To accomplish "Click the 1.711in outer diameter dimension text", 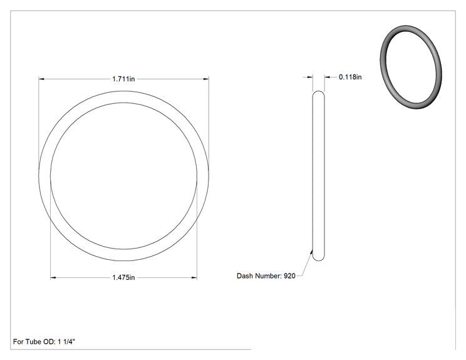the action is tap(123, 79).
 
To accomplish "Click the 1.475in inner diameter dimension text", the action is tap(123, 277).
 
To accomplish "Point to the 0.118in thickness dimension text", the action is tap(350, 77).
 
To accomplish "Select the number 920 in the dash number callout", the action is tap(289, 276).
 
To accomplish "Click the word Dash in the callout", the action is tap(244, 276).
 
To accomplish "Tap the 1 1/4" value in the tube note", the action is tap(66, 342).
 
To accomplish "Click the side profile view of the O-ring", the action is tap(319, 176).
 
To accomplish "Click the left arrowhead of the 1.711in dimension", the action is tap(41, 79).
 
